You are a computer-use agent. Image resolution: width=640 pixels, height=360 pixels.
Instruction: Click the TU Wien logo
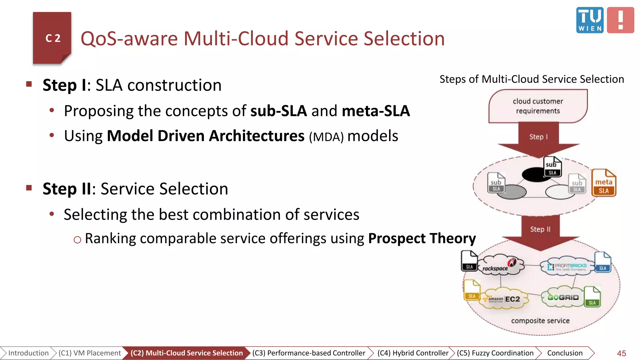tap(590, 20)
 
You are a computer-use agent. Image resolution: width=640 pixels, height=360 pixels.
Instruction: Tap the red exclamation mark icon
tap(620, 20)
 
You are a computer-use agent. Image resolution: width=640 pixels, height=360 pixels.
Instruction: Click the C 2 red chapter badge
tap(52, 38)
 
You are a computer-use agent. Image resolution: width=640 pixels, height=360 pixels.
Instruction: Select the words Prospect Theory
tap(422, 238)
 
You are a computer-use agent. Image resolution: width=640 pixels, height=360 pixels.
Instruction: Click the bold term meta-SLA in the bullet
tap(376, 111)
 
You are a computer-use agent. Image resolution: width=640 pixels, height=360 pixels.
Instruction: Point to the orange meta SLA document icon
tap(603, 183)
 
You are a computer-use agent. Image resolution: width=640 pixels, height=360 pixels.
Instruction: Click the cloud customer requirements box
tap(538, 106)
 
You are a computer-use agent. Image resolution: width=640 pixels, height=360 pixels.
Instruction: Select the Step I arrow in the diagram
tap(538, 139)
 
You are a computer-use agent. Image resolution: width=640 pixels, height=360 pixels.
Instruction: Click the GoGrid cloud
tap(562, 297)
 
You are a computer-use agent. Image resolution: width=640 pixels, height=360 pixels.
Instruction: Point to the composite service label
tap(540, 321)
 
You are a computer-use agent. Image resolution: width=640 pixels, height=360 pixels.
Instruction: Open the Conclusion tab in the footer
tap(565, 353)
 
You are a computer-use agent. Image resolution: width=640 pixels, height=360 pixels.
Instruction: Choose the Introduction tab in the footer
tap(28, 353)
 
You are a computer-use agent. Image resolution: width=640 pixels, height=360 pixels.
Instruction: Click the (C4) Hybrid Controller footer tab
tap(412, 353)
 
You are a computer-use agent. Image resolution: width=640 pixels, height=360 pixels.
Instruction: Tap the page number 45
tap(621, 353)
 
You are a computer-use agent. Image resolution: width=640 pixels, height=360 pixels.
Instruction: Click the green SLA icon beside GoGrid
tap(592, 297)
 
